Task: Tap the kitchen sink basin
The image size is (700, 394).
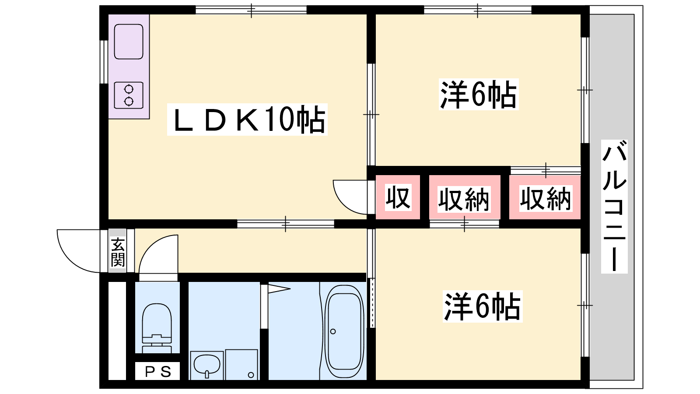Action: (x=129, y=42)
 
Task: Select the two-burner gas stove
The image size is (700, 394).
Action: (x=129, y=95)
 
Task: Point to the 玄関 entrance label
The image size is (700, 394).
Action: (x=118, y=252)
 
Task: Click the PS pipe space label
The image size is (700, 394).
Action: (x=158, y=372)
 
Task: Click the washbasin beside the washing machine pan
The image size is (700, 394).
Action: (x=207, y=365)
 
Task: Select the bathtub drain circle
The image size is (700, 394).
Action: (x=333, y=331)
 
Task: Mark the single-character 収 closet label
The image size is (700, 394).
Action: (x=398, y=197)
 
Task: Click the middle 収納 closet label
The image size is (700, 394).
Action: (x=464, y=199)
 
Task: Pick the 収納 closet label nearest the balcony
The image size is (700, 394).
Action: (x=546, y=198)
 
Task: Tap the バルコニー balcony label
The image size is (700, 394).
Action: (x=614, y=207)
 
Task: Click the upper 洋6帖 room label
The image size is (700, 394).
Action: (x=479, y=95)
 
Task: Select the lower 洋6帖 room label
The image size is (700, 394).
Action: (x=483, y=306)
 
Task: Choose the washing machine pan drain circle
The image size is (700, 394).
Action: (x=251, y=375)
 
